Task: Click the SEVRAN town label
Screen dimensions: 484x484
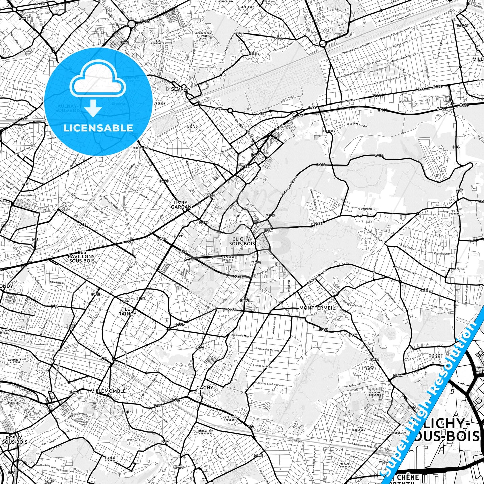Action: click(181, 89)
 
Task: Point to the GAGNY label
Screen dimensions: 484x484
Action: click(205, 388)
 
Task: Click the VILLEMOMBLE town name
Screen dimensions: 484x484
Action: click(108, 391)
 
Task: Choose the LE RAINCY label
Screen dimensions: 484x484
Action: click(127, 311)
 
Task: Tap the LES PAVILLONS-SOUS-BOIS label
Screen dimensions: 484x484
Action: click(82, 256)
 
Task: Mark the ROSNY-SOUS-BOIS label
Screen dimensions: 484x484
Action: click(15, 440)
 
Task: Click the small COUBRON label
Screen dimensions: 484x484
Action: click(366, 209)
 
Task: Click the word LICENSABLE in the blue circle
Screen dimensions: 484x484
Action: click(98, 128)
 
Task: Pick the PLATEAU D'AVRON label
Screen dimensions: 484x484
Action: click(110, 459)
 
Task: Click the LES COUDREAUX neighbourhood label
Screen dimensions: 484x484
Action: click(426, 290)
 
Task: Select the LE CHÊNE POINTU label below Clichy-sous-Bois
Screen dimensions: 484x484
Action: click(228, 258)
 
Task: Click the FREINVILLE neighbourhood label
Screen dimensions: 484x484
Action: click(141, 147)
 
